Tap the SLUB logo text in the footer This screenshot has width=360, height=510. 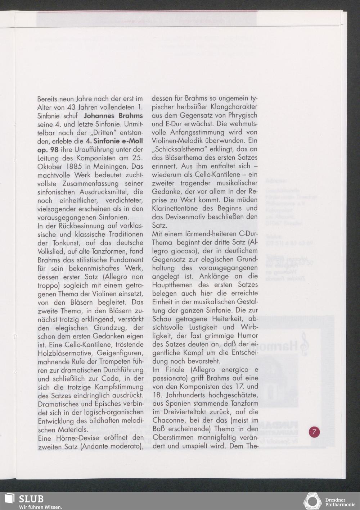(31, 499)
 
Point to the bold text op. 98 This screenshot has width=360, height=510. (48, 150)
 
